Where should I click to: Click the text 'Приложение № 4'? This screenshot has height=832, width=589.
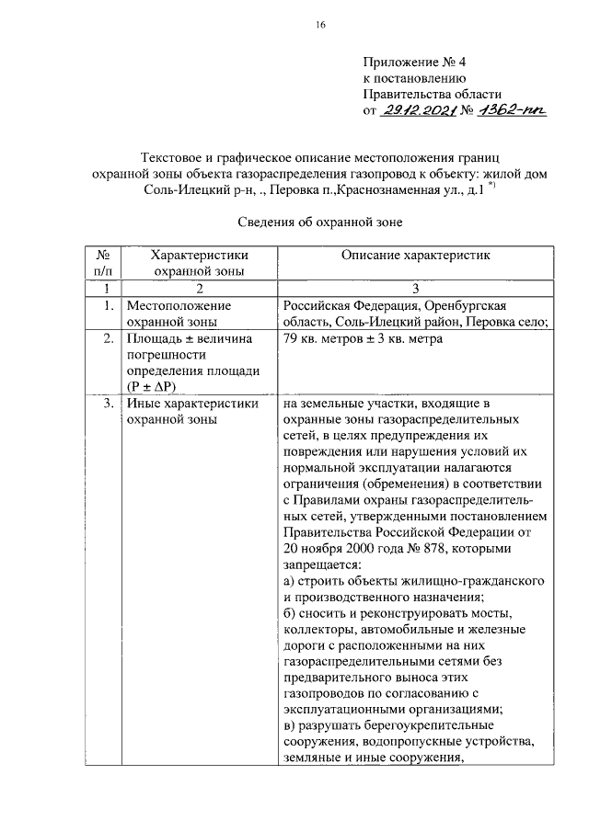pyautogui.click(x=414, y=62)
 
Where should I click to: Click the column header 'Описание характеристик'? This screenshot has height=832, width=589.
pyautogui.click(x=418, y=254)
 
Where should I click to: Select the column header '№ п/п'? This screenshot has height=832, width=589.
pyautogui.click(x=103, y=262)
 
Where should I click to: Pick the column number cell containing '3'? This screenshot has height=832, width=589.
pyautogui.click(x=417, y=288)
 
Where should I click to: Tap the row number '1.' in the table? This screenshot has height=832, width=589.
pyautogui.click(x=109, y=304)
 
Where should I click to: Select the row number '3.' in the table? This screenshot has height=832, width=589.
pyautogui.click(x=109, y=403)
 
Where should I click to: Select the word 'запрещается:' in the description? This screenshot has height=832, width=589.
pyautogui.click(x=323, y=564)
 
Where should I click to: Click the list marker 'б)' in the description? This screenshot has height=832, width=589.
pyautogui.click(x=290, y=613)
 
